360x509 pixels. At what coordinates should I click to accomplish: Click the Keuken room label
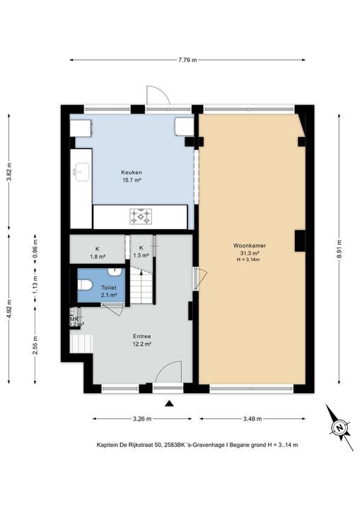(x=132, y=172)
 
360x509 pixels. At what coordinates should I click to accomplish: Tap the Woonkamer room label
(x=249, y=246)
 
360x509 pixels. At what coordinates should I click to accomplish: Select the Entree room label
(x=141, y=337)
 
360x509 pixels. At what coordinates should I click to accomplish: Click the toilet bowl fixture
(x=84, y=285)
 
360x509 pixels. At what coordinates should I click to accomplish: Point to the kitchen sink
(x=81, y=171)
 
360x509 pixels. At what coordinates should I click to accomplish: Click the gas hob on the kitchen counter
(x=141, y=216)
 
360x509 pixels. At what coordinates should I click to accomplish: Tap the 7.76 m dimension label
(x=187, y=60)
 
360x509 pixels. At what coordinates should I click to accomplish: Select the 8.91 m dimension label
(x=339, y=249)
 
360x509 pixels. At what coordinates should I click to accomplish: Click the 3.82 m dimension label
(x=8, y=171)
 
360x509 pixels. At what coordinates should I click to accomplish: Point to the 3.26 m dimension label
(x=142, y=419)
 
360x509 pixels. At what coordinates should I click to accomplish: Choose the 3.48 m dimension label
(x=252, y=419)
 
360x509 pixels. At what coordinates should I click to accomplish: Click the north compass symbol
(x=339, y=427)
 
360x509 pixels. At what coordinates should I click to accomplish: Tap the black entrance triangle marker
(x=169, y=404)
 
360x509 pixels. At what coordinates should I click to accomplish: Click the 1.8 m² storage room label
(x=98, y=257)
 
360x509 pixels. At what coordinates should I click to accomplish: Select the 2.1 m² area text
(x=109, y=295)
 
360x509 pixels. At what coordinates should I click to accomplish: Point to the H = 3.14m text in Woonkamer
(x=248, y=259)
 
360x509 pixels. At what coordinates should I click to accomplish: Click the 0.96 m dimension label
(x=35, y=250)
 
